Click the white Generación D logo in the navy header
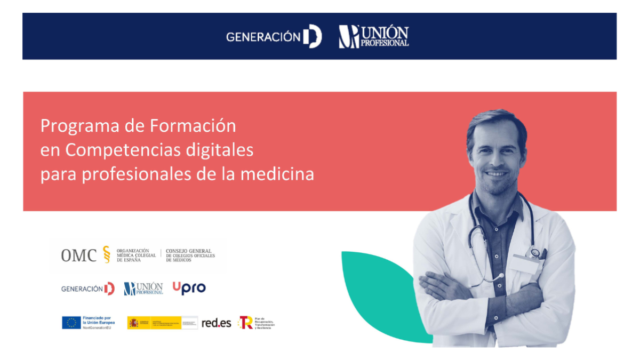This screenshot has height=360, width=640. (x=274, y=36)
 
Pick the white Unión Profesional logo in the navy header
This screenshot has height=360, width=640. (x=373, y=36)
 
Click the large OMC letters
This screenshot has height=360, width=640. (x=78, y=255)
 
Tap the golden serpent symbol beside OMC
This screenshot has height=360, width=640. (x=106, y=255)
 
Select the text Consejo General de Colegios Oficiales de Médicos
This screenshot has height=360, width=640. (x=190, y=255)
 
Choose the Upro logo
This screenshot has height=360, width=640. (x=189, y=288)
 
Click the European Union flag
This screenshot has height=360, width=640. (x=71, y=323)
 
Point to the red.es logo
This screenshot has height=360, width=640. (x=216, y=323)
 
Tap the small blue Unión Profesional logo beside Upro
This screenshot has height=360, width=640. (x=143, y=289)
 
